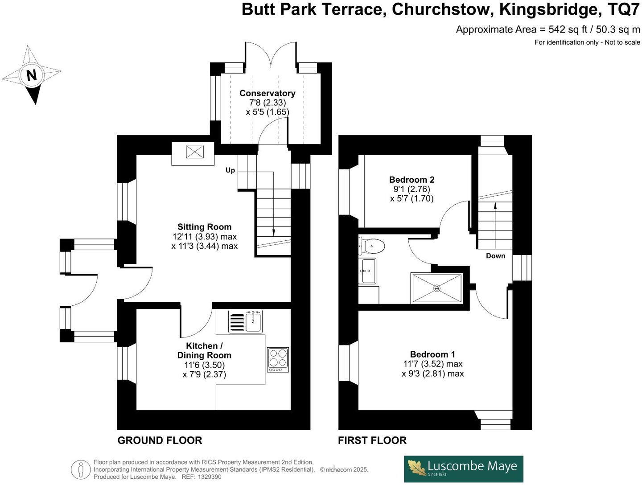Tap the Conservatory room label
267,93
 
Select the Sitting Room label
205,227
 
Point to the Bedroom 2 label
412,180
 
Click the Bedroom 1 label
432,354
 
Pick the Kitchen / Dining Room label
204,350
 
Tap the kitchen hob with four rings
278,360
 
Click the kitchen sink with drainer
245,321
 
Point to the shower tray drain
436,288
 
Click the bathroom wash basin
367,271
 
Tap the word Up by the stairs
230,170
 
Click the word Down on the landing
495,256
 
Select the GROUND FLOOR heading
160,440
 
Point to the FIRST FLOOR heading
372,440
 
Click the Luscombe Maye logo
464,469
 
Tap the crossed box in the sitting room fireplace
195,152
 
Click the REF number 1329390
210,477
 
